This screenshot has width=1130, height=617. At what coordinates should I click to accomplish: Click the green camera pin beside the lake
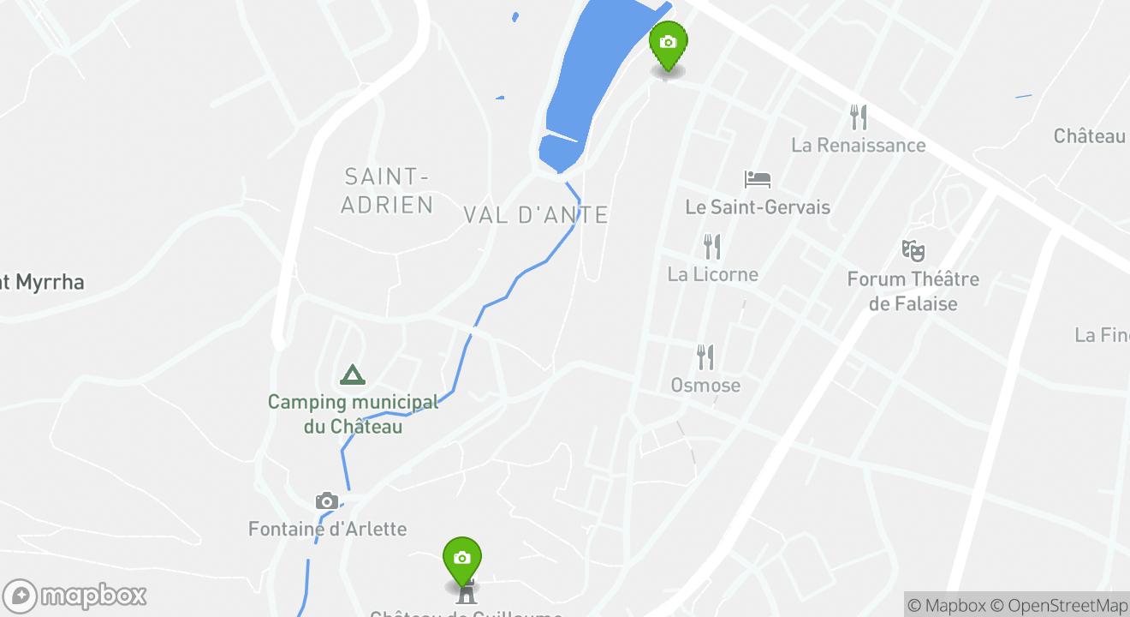tap(668, 44)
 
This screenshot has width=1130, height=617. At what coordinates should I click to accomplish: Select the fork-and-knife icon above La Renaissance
tap(859, 117)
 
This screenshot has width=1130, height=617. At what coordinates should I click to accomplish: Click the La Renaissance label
tap(859, 146)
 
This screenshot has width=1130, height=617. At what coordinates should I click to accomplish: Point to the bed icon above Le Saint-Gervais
tap(758, 180)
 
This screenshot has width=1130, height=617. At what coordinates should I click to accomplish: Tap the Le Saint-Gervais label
tap(758, 207)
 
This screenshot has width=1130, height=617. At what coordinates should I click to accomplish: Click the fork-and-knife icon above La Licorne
tap(712, 247)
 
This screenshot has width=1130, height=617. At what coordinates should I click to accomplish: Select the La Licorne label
tap(713, 274)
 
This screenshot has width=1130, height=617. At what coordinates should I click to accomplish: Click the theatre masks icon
tap(913, 251)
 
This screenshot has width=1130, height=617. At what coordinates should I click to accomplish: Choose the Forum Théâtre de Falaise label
tap(913, 291)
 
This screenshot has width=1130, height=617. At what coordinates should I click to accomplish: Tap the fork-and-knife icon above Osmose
tap(705, 357)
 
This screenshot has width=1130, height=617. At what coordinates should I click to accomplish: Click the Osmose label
tap(705, 386)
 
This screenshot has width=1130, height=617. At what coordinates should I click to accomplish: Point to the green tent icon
tap(352, 375)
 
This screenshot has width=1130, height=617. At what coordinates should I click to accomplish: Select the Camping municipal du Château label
tap(353, 414)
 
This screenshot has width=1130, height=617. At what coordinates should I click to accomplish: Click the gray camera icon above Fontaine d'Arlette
tap(326, 501)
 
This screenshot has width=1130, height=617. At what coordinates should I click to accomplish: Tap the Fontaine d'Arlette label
tap(327, 529)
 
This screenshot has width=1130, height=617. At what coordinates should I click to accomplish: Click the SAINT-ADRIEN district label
tap(387, 190)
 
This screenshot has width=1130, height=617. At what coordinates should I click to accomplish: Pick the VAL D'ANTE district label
tap(536, 215)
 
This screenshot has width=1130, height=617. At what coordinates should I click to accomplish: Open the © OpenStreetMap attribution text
tap(1068, 606)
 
